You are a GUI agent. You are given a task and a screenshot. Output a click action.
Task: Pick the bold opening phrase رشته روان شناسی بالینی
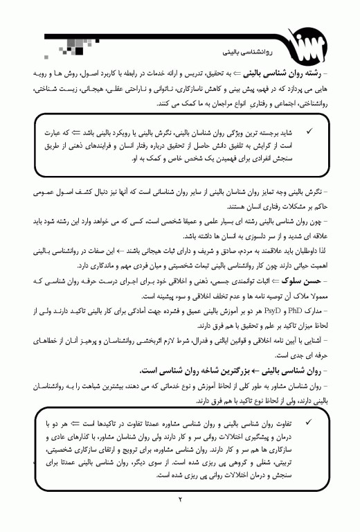pos(309,72)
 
